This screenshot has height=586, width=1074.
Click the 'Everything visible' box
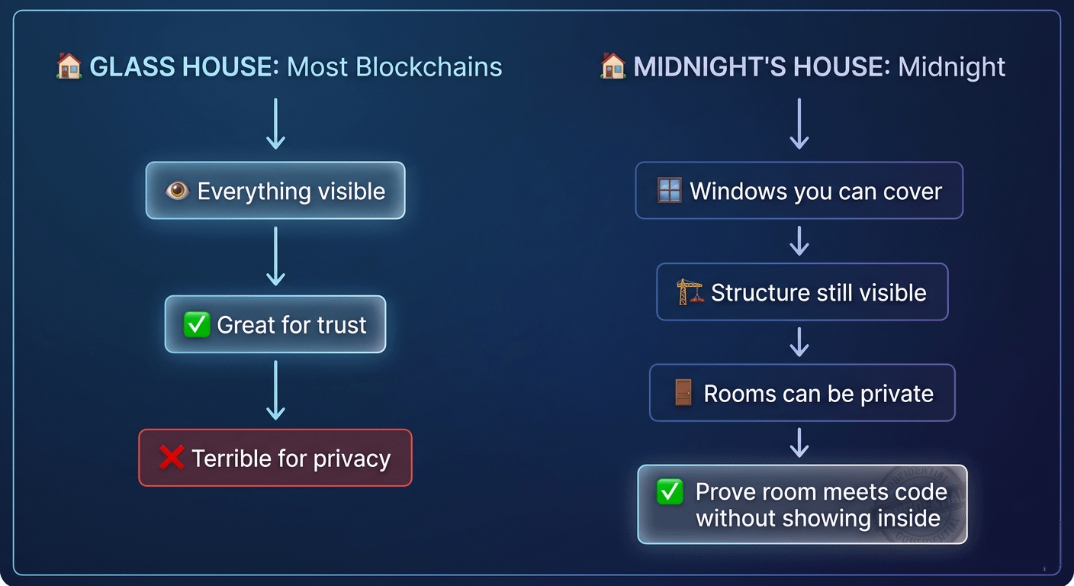pyautogui.click(x=275, y=191)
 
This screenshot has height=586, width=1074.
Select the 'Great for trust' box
pyautogui.click(x=275, y=325)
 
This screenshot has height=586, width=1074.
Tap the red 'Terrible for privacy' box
pyautogui.click(x=275, y=458)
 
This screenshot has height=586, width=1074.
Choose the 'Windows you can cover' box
pyautogui.click(x=799, y=191)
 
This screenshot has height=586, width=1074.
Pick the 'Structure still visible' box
pyautogui.click(x=802, y=292)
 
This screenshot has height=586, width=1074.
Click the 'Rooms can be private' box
pyautogui.click(x=802, y=394)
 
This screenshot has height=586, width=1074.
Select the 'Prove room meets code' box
pyautogui.click(x=802, y=504)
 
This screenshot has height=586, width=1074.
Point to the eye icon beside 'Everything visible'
pyautogui.click(x=178, y=191)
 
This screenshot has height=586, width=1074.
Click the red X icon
pyautogui.click(x=172, y=458)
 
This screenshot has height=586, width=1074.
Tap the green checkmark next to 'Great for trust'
pyautogui.click(x=197, y=325)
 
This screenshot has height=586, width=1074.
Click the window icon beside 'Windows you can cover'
pyautogui.click(x=670, y=191)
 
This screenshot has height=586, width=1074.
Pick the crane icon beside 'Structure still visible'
pyautogui.click(x=690, y=292)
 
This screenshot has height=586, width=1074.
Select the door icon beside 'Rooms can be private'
pyautogui.click(x=683, y=394)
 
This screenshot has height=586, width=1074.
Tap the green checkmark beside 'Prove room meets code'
pyautogui.click(x=670, y=493)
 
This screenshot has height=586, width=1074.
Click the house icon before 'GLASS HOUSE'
pyautogui.click(x=69, y=66)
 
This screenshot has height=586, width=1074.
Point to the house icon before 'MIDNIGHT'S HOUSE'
pyautogui.click(x=613, y=66)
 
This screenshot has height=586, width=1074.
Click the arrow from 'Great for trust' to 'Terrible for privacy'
pyautogui.click(x=275, y=390)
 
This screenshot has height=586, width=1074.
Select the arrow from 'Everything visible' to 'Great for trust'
pyautogui.click(x=275, y=256)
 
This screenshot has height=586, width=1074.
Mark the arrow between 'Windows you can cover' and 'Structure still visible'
pyautogui.click(x=799, y=241)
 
